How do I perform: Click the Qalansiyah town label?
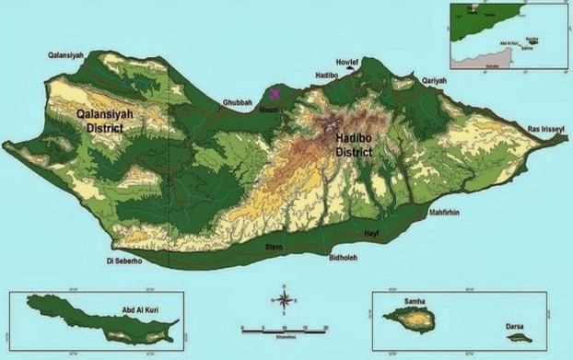[65, 56]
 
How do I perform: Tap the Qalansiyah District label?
[99, 122]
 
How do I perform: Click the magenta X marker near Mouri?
[274, 92]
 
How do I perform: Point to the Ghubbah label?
[237, 103]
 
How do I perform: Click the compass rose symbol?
[285, 299]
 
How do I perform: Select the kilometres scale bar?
[285, 327]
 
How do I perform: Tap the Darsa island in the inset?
[520, 337]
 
